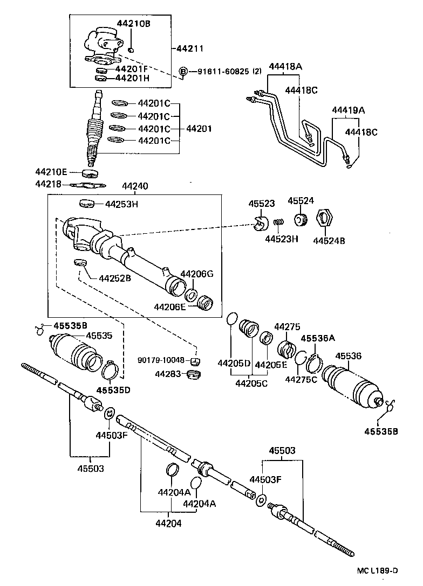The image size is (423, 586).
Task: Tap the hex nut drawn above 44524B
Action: [x=322, y=219]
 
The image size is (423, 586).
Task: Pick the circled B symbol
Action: [x=183, y=72]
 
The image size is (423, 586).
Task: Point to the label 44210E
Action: [x=52, y=172]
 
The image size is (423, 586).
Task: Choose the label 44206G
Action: [x=197, y=274]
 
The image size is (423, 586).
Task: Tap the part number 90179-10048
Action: [x=161, y=360]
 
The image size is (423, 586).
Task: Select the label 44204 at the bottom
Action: [x=169, y=522]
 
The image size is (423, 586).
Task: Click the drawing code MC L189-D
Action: [x=376, y=570]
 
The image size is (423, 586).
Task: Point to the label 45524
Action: [x=300, y=200]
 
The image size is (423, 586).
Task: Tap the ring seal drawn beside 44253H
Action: [x=87, y=204]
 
